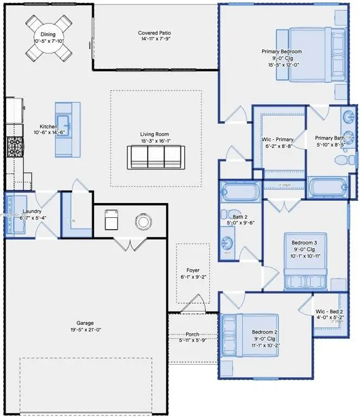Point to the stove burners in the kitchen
click(14, 145)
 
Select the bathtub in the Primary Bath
click(327, 188)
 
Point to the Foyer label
click(193, 270)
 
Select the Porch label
click(193, 334)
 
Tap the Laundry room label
click(32, 211)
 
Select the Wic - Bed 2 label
click(329, 312)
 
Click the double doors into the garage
click(128, 246)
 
